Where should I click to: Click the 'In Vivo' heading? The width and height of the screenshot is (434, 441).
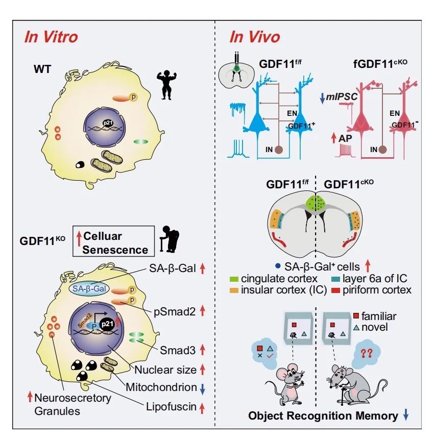point(254,37)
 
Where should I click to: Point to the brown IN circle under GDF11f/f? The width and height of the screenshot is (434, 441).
point(279,150)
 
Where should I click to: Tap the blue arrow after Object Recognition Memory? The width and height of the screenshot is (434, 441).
point(406,415)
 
